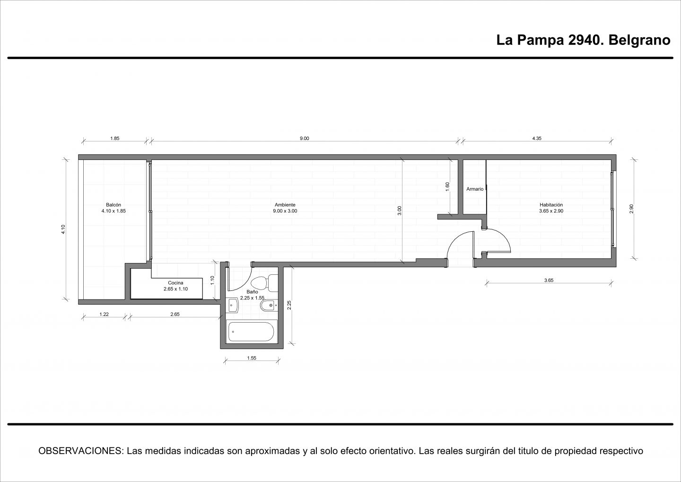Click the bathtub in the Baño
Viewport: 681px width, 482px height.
pyautogui.click(x=252, y=331)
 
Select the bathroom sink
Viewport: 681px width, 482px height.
pyautogui.click(x=234, y=305)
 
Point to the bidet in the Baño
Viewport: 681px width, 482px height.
pyautogui.click(x=269, y=305)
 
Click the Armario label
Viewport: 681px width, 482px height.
pyautogui.click(x=475, y=189)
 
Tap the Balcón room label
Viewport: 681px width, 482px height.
pyautogui.click(x=113, y=205)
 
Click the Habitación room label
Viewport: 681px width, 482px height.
pyautogui.click(x=551, y=205)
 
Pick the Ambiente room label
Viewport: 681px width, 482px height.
pyautogui.click(x=285, y=205)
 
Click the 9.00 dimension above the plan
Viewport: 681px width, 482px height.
pyautogui.click(x=305, y=139)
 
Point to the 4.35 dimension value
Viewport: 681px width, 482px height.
pyautogui.click(x=537, y=139)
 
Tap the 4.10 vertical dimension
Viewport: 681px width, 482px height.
pyautogui.click(x=63, y=229)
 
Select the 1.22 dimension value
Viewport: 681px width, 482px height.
pyautogui.click(x=104, y=315)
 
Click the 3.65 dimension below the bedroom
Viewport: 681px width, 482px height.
pyautogui.click(x=549, y=280)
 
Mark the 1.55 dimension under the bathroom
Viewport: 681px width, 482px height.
pyautogui.click(x=252, y=358)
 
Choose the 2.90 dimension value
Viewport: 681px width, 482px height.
pyautogui.click(x=631, y=209)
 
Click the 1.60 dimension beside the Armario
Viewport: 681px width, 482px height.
pyautogui.click(x=447, y=186)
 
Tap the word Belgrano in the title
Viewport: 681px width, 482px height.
pyautogui.click(x=639, y=40)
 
